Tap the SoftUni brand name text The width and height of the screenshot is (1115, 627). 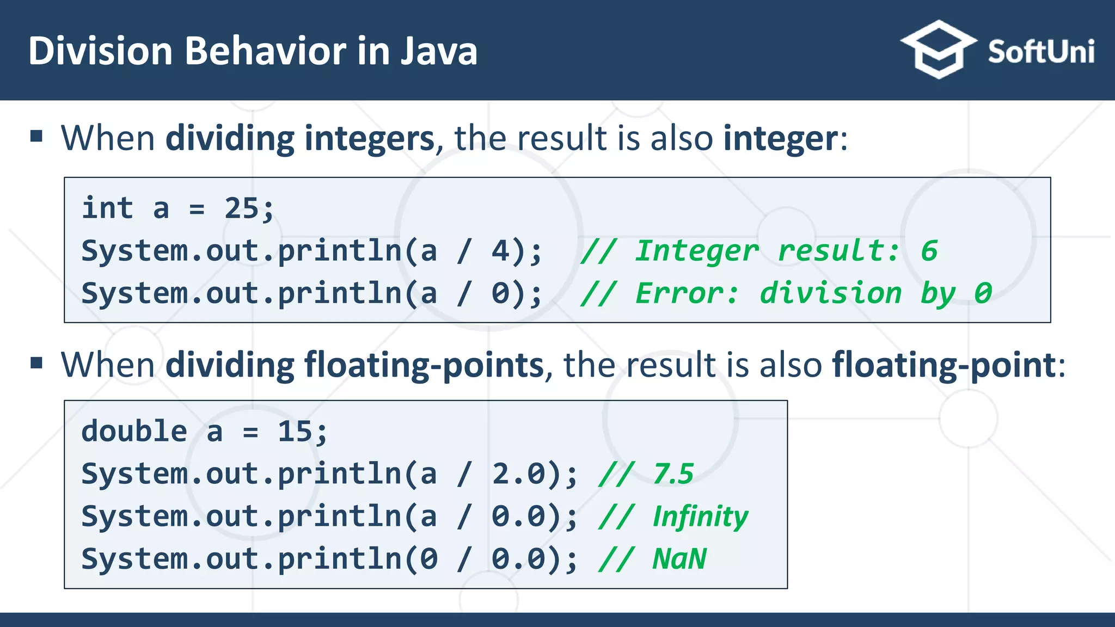click(x=1041, y=52)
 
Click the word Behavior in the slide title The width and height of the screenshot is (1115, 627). click(x=265, y=51)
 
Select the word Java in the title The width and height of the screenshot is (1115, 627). click(x=439, y=51)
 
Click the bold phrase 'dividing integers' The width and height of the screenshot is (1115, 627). click(x=299, y=138)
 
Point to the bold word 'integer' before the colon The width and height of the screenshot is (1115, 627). click(x=780, y=138)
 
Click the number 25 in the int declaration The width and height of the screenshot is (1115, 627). click(x=241, y=208)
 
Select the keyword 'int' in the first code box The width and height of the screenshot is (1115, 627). click(x=107, y=208)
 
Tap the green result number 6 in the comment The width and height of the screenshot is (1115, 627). click(x=929, y=251)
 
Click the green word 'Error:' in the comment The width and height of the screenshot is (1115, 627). click(x=687, y=293)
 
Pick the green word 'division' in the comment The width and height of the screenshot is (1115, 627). click(x=830, y=293)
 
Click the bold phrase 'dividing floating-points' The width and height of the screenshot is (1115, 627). click(x=354, y=365)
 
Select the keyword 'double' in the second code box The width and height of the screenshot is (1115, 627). click(x=134, y=432)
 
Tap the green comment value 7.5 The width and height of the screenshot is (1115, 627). click(x=673, y=474)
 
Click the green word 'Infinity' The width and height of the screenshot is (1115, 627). click(x=700, y=517)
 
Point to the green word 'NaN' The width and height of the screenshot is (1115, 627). click(x=679, y=559)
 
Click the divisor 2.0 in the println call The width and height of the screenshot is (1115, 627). click(x=518, y=474)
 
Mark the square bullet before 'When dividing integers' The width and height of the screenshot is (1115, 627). click(x=36, y=136)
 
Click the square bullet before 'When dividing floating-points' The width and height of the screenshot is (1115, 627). click(x=36, y=362)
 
